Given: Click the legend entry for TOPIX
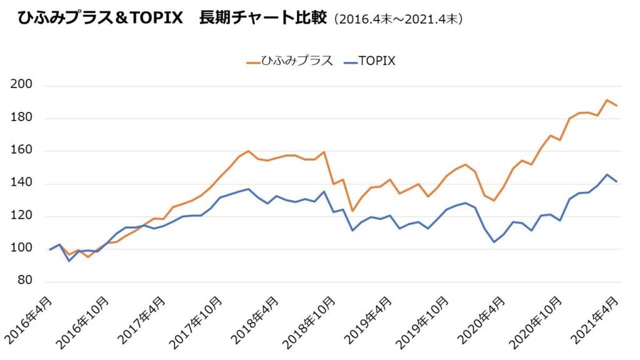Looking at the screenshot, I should (369, 61).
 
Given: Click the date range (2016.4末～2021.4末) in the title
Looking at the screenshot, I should (398, 19).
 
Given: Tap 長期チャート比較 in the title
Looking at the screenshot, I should (262, 18).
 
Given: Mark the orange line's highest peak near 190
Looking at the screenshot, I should (607, 100).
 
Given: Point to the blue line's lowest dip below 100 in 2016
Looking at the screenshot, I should (69, 261).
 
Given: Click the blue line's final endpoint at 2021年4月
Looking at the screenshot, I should (617, 181).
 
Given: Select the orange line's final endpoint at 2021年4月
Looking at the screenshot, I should (617, 106).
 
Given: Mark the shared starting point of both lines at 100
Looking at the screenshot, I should (50, 249).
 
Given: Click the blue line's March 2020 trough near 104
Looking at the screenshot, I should (494, 242).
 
